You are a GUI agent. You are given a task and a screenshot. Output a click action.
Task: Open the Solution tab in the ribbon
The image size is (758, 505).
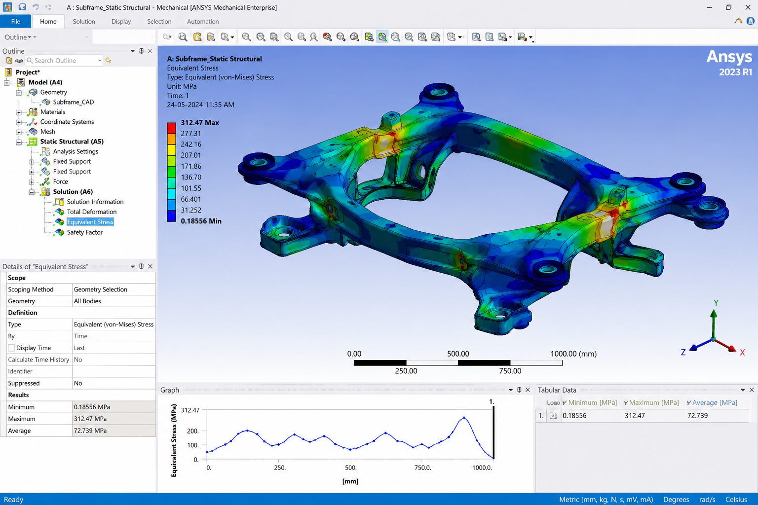(84, 21)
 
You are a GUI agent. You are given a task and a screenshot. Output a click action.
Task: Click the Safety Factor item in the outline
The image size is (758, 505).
(84, 232)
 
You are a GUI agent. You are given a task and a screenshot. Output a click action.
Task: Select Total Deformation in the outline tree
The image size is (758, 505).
(92, 212)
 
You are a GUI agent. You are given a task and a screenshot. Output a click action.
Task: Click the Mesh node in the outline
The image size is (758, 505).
(47, 132)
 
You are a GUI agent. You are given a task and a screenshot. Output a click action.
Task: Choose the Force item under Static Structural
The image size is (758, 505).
(60, 181)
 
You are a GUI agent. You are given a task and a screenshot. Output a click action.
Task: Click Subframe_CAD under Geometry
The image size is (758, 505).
(74, 102)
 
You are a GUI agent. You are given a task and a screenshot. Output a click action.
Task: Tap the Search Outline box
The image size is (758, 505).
(64, 61)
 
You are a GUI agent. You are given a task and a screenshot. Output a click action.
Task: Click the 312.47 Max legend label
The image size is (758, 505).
(200, 122)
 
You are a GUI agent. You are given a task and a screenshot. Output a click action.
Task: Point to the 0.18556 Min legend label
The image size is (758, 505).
(201, 221)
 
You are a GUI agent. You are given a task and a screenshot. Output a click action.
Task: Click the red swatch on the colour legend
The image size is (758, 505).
(171, 128)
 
